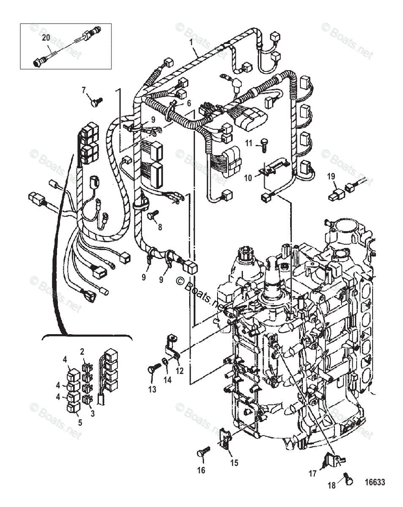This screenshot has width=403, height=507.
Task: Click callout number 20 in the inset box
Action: [46, 38]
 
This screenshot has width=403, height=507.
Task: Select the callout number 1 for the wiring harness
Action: [191, 42]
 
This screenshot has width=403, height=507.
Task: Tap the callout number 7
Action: [84, 90]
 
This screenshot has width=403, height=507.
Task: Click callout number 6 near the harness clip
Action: [189, 103]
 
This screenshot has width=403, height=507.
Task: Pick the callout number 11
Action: [248, 143]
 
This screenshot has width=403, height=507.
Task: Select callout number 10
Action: [248, 178]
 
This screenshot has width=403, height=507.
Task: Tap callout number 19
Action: [331, 177]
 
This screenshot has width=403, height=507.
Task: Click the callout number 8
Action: [160, 227]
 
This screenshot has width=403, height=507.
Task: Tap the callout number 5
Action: [80, 422]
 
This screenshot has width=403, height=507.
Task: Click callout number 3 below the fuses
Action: [93, 413]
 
